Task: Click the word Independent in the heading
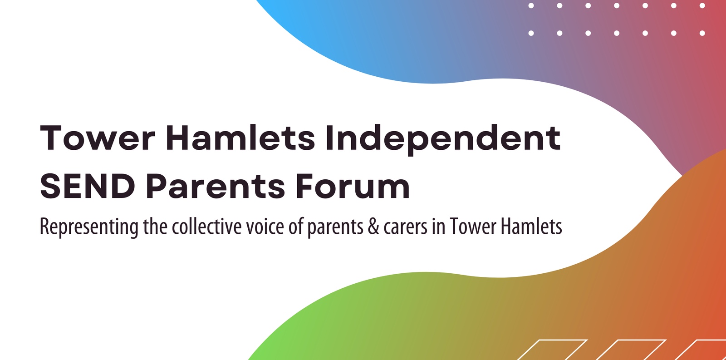[443, 139]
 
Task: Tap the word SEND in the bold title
[88, 187]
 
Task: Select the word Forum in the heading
[353, 187]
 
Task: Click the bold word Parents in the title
[215, 187]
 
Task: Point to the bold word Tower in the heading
[97, 138]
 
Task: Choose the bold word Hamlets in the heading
[240, 138]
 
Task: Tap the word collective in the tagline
[207, 227]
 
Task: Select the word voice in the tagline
[265, 227]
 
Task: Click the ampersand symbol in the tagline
[373, 227]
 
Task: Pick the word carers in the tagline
[406, 228]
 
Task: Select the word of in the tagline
[295, 227]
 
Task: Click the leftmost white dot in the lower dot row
[531, 33]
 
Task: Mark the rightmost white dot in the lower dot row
[702, 33]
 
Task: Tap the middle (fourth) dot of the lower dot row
[617, 33]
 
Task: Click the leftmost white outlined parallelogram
[552, 350]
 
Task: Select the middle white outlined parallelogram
[630, 350]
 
